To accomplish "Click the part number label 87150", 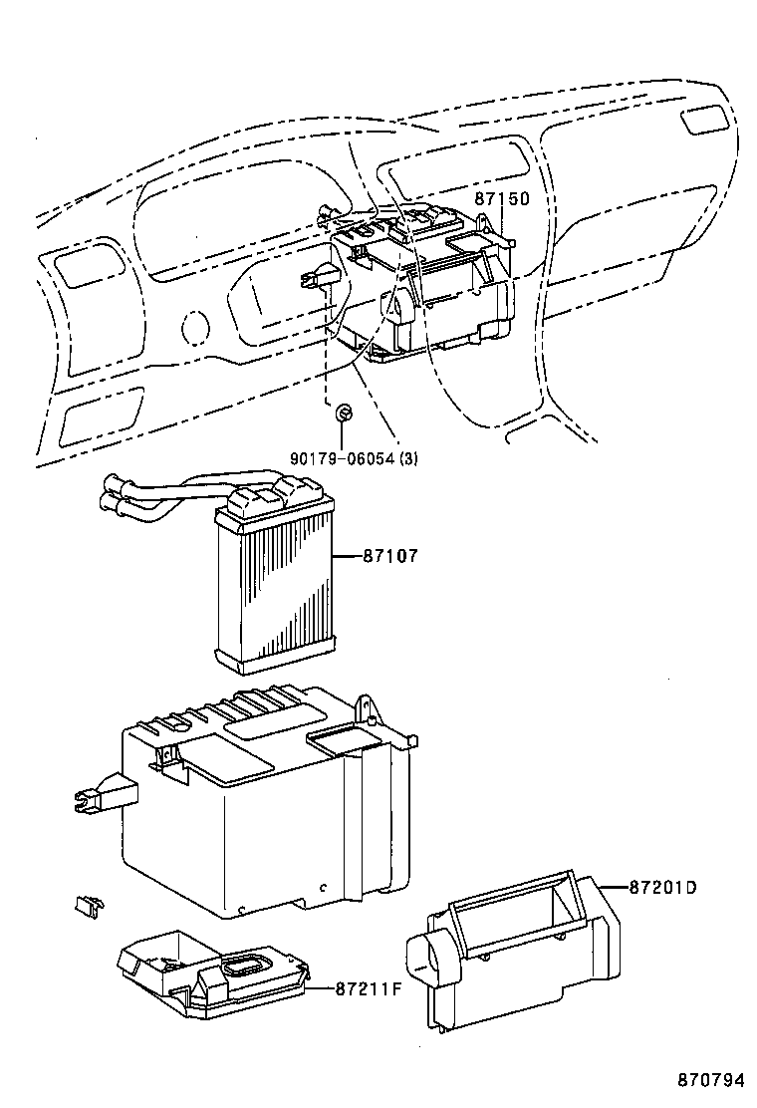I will pos(501,199).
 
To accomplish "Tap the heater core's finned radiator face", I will pos(273,594).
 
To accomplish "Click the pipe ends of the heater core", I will pos(113,495).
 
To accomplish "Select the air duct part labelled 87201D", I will pos(518,957).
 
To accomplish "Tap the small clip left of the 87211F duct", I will pos(87,905).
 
